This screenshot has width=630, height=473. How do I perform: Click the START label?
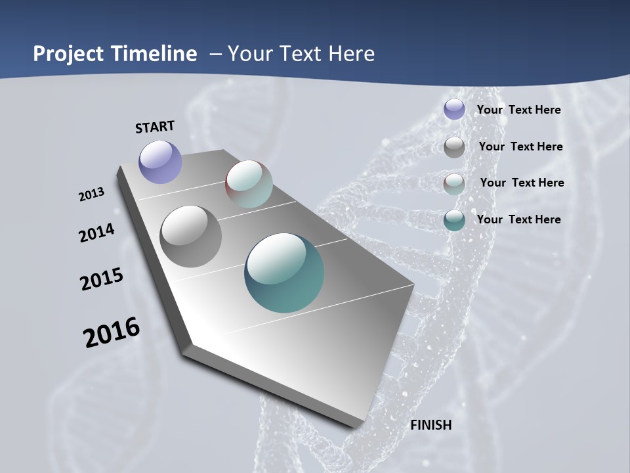pyautogui.click(x=155, y=127)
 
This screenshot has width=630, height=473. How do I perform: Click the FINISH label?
pyautogui.click(x=431, y=425)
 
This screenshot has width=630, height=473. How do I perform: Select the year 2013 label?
pyautogui.click(x=91, y=194)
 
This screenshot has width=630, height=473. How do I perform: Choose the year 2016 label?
pyautogui.click(x=112, y=332)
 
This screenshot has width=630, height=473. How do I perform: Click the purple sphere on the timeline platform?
pyautogui.click(x=160, y=162)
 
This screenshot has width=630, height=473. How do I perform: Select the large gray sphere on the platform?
pyautogui.click(x=190, y=236)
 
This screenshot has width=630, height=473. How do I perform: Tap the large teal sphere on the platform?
pyautogui.click(x=284, y=273)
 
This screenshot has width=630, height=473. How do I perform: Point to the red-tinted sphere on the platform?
pyautogui.click(x=249, y=183)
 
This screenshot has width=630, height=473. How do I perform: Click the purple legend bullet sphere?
pyautogui.click(x=454, y=110)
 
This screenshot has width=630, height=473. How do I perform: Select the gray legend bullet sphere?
pyautogui.click(x=454, y=146)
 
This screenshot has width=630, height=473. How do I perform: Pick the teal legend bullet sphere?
pyautogui.click(x=454, y=220)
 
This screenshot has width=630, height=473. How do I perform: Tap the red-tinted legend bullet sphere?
pyautogui.click(x=454, y=183)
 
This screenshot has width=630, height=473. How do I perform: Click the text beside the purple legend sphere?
pyautogui.click(x=518, y=110)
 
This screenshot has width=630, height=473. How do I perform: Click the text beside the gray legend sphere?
pyautogui.click(x=520, y=146)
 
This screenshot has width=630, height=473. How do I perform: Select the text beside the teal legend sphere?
pyautogui.click(x=518, y=219)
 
